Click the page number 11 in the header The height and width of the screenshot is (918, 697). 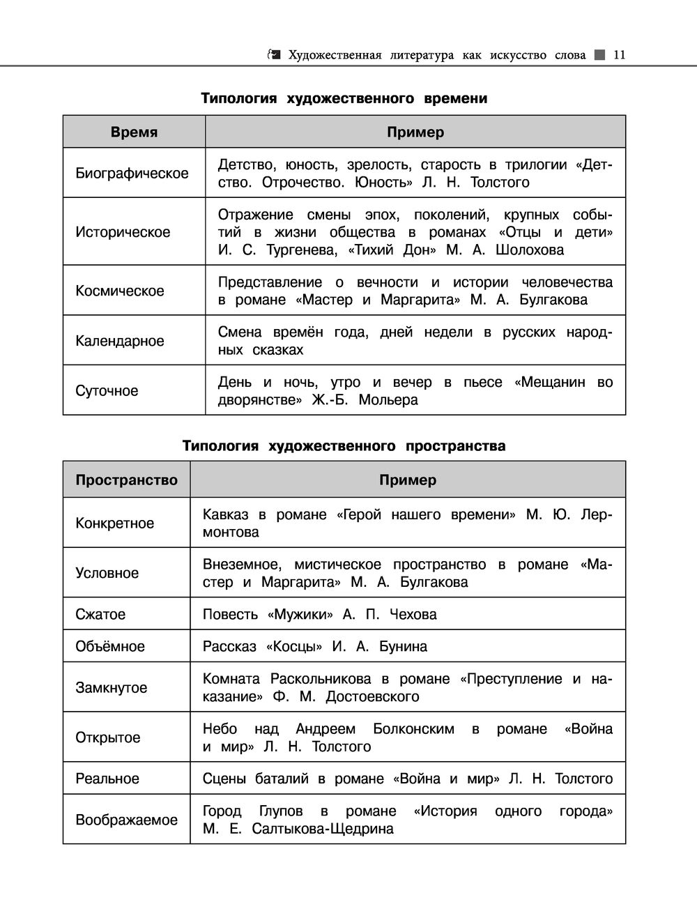click(619, 55)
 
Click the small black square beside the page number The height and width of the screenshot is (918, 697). click(600, 55)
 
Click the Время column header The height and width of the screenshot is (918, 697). click(134, 132)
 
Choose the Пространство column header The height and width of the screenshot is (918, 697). click(126, 480)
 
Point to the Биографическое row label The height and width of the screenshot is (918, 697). click(132, 174)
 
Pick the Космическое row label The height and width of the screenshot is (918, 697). click(120, 291)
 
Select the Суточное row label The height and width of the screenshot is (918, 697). click(107, 391)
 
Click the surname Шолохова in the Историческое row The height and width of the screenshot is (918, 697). click(529, 250)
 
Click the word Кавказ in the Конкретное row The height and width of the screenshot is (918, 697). click(224, 515)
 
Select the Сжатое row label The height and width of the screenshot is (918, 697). click(100, 615)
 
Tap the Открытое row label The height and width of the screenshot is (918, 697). click(107, 737)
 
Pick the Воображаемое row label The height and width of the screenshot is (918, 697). click(126, 820)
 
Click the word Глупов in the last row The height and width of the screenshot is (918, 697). click(281, 811)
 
